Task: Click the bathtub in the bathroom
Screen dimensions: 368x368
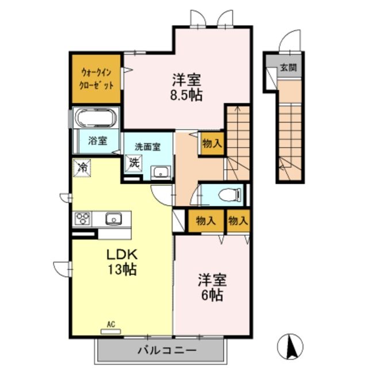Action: pyautogui.click(x=95, y=119)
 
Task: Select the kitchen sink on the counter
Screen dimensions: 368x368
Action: pyautogui.click(x=113, y=219)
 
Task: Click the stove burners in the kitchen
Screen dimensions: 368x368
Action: pyautogui.click(x=83, y=219)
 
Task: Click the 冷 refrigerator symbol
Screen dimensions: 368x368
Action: pyautogui.click(x=82, y=168)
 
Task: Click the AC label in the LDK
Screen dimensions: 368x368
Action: pyautogui.click(x=110, y=325)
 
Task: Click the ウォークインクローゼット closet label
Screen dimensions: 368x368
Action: pyautogui.click(x=96, y=79)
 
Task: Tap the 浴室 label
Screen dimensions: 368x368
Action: pyautogui.click(x=97, y=140)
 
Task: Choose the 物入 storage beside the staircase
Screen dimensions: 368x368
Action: pyautogui.click(x=212, y=144)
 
